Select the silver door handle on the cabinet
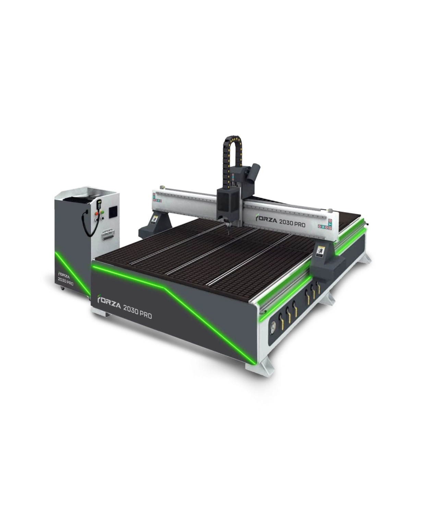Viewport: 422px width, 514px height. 108,234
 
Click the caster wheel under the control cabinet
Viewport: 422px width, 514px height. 63,288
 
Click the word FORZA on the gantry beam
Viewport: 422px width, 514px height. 266,219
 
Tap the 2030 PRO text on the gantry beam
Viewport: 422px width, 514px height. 292,223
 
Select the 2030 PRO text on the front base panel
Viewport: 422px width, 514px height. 137,312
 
